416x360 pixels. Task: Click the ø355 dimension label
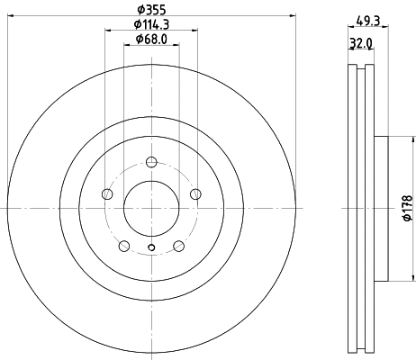click(x=151, y=9)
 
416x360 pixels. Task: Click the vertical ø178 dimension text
click(x=407, y=207)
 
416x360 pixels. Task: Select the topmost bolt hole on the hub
click(x=151, y=163)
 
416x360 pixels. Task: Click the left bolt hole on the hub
click(x=107, y=194)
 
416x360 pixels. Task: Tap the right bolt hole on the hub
click(x=195, y=194)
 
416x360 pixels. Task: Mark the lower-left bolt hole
click(x=124, y=247)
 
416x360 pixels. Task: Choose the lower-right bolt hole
click(x=178, y=247)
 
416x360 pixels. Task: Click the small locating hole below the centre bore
click(x=151, y=249)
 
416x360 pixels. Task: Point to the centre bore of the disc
click(x=151, y=209)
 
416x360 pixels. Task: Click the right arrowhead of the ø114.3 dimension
click(x=194, y=31)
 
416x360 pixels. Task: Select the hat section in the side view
click(x=378, y=209)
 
